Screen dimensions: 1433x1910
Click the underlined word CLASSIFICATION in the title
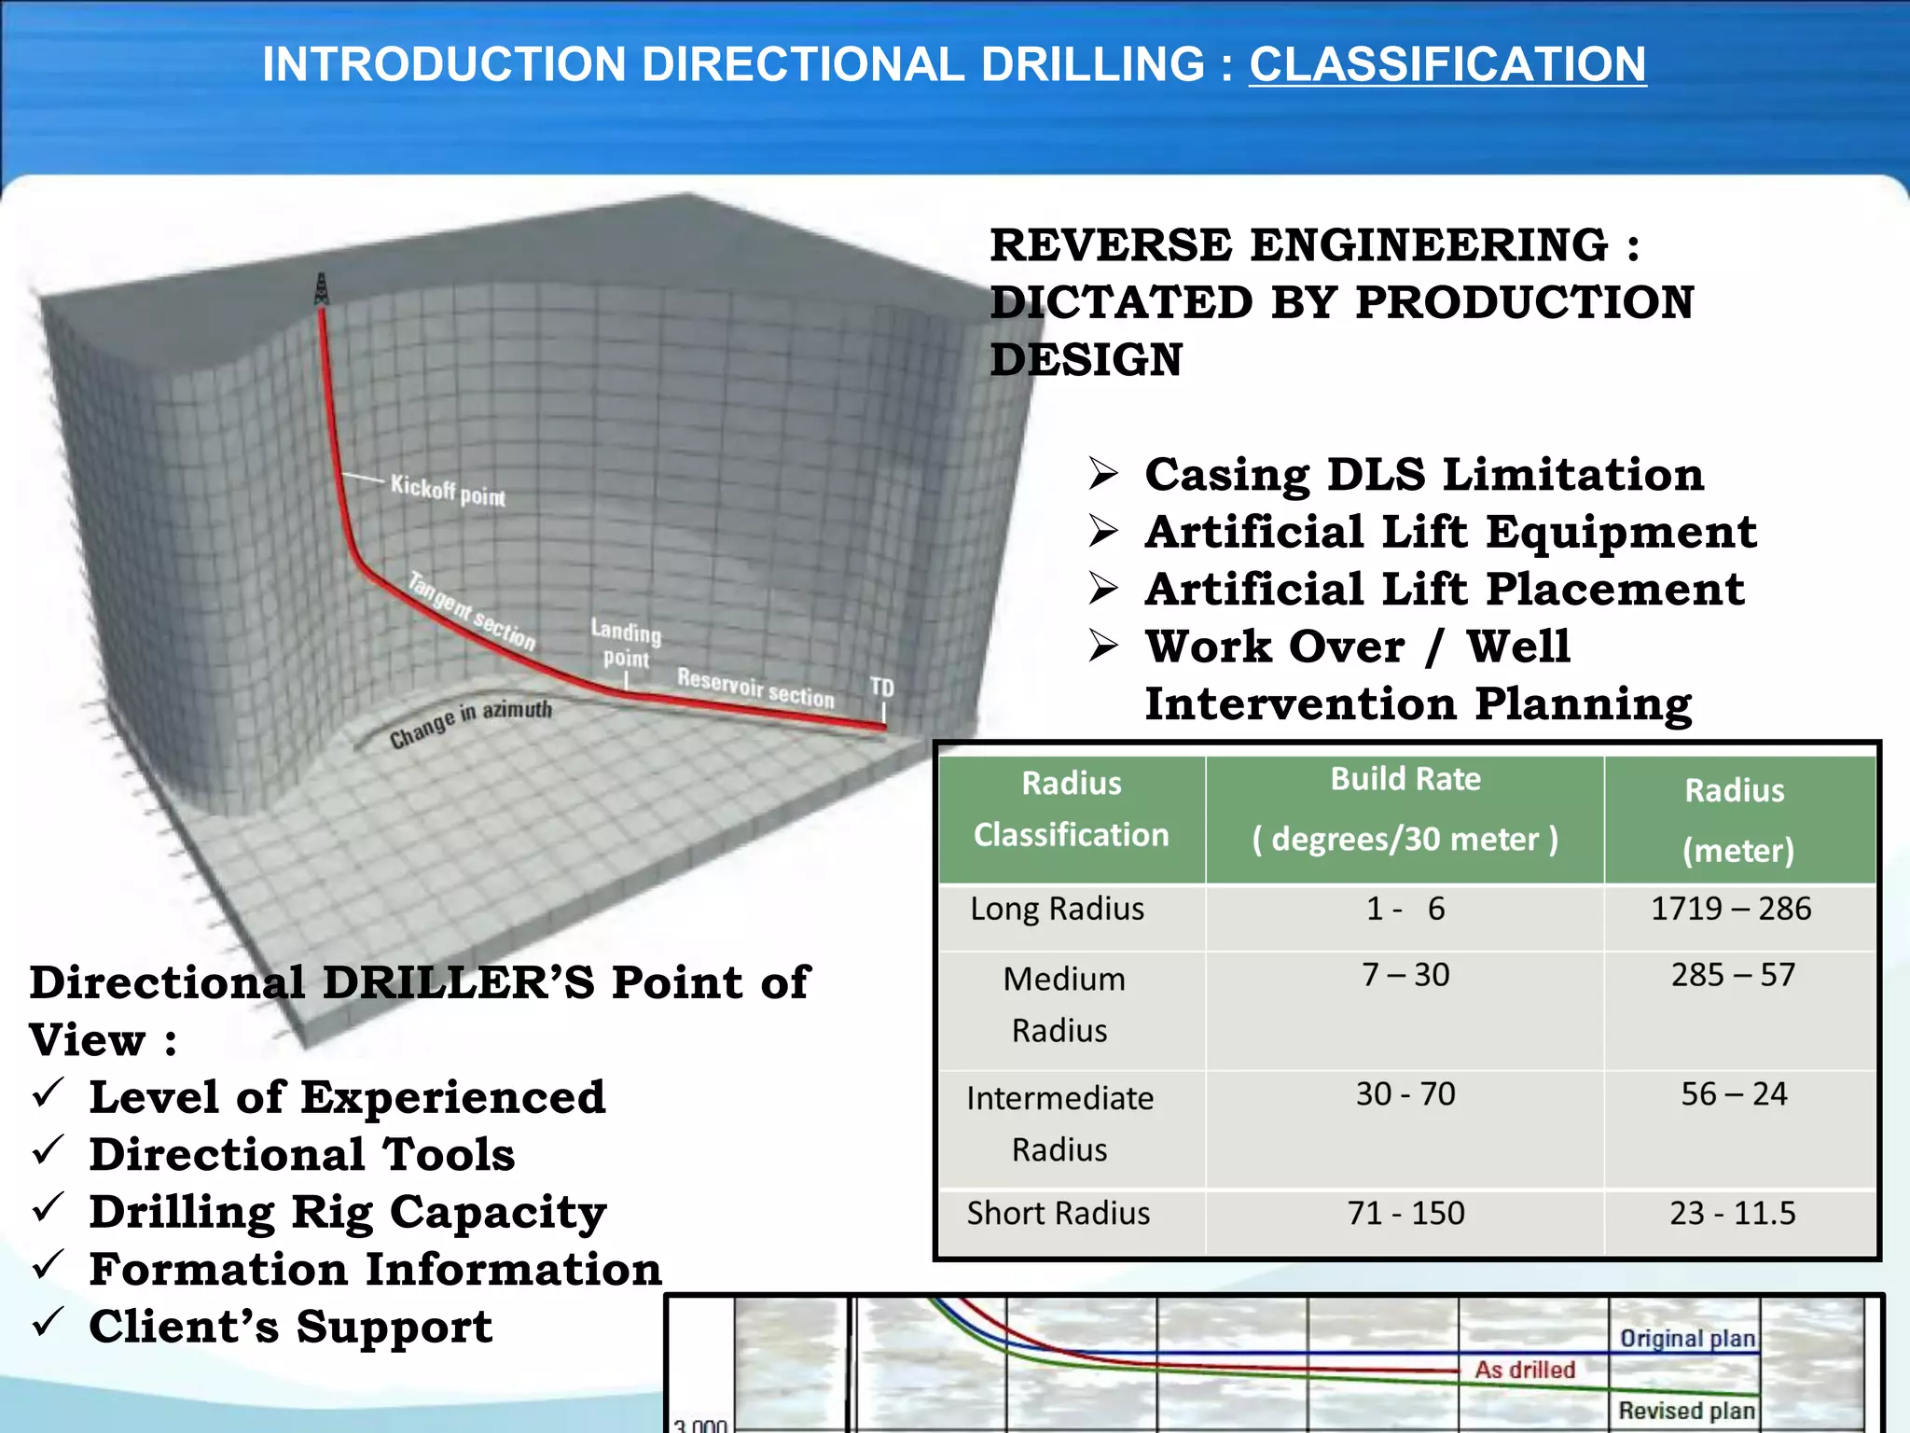(x=1447, y=64)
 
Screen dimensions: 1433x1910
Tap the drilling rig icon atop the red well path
(x=322, y=289)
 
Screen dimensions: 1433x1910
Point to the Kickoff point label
(x=448, y=491)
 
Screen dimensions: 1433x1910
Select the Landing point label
(x=626, y=645)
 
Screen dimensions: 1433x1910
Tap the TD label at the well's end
(x=881, y=688)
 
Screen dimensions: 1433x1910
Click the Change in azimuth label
(x=471, y=724)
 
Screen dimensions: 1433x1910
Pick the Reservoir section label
(x=755, y=688)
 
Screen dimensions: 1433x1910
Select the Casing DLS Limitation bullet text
(x=1424, y=474)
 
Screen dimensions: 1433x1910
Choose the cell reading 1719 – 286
(x=1731, y=909)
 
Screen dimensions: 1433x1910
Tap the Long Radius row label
(x=1057, y=909)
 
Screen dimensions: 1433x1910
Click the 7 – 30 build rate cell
(x=1405, y=975)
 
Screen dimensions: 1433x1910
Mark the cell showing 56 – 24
(x=1734, y=1093)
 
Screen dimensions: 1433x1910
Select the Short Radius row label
(x=1058, y=1213)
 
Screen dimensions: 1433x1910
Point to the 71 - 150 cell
(x=1405, y=1213)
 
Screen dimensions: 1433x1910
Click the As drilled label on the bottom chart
(x=1525, y=1370)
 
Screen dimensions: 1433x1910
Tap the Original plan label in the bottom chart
(x=1687, y=1339)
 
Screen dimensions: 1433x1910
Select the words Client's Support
(x=290, y=1327)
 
